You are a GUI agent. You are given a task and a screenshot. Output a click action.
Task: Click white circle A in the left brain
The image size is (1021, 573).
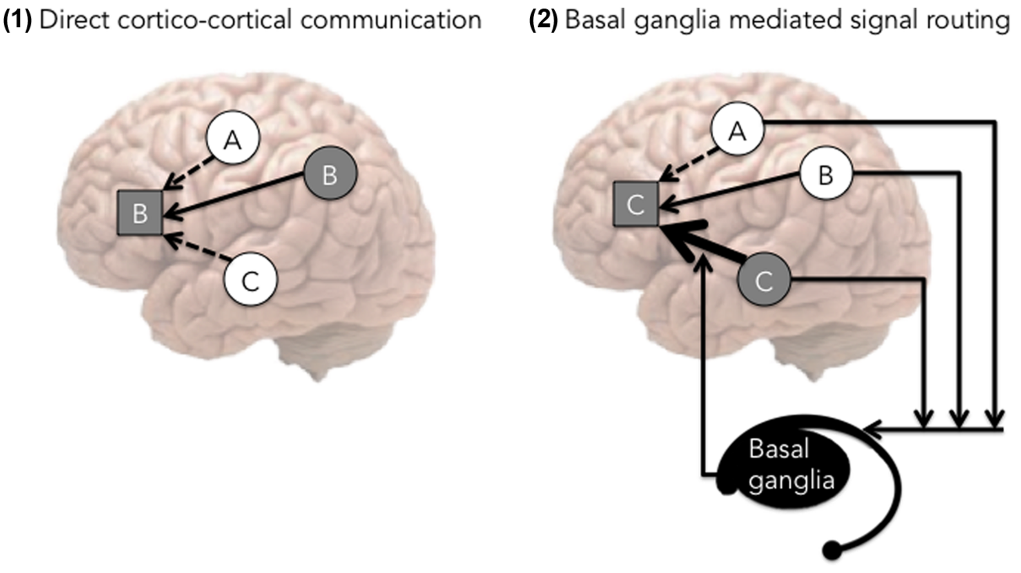tap(233, 138)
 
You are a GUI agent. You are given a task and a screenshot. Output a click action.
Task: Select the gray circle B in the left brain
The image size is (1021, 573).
tap(330, 173)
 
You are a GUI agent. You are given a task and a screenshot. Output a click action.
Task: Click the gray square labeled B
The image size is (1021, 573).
tap(140, 213)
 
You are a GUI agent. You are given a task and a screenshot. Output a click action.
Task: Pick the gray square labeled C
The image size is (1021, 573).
tap(636, 204)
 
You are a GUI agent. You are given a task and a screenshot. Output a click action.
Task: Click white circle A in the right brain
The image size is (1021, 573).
tap(737, 129)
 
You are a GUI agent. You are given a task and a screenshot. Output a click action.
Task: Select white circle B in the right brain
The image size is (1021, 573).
tap(826, 174)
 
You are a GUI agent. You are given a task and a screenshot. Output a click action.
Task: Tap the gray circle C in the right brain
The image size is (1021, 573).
tap(764, 279)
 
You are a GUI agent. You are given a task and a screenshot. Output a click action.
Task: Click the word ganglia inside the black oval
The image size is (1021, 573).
tap(791, 481)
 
